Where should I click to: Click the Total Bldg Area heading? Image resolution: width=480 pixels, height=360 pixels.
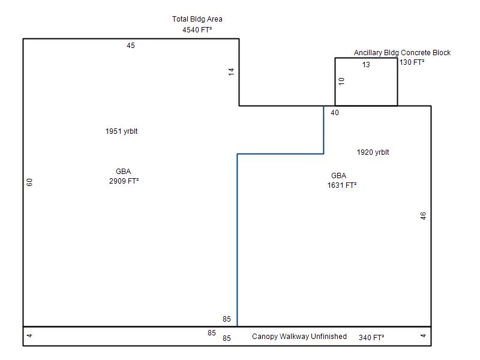[197, 19]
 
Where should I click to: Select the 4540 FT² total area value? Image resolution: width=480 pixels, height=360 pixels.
[197, 29]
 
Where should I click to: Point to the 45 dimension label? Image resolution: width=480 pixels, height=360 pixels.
[131, 46]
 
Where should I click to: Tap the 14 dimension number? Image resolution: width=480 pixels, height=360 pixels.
[231, 71]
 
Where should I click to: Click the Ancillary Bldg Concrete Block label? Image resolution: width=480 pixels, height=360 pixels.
[402, 53]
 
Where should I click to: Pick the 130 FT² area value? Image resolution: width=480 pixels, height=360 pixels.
[412, 62]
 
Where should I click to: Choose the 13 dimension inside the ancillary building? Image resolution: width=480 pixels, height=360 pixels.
[366, 65]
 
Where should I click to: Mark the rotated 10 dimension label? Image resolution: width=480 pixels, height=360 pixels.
[341, 82]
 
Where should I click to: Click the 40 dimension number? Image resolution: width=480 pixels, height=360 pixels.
[335, 113]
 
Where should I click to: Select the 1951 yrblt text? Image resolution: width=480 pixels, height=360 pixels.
[121, 131]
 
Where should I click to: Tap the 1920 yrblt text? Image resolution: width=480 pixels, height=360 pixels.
[373, 152]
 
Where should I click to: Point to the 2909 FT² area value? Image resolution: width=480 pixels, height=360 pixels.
[124, 181]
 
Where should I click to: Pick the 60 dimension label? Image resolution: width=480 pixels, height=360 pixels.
[29, 181]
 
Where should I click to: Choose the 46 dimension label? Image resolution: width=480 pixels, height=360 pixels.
[423, 216]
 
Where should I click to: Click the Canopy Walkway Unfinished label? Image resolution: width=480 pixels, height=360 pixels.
[299, 337]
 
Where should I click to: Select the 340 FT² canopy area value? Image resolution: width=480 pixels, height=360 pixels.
[371, 337]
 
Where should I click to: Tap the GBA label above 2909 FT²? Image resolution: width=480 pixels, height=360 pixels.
[123, 172]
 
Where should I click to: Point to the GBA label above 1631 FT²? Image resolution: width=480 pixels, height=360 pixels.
[338, 176]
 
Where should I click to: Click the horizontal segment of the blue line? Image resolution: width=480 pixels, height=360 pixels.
[280, 154]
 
